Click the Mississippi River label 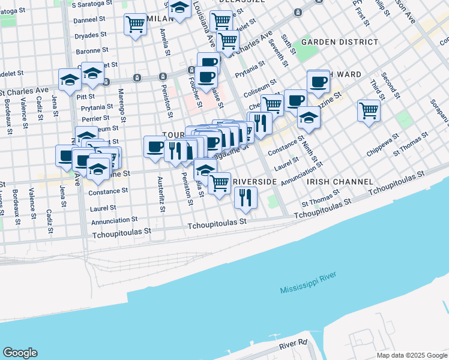(x=307, y=283)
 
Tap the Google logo (x=20, y=353)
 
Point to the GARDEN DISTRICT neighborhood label (x=340, y=42)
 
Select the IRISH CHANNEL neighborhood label (x=340, y=181)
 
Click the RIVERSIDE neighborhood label (x=254, y=181)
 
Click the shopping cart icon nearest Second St (x=369, y=110)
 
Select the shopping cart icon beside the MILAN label (x=135, y=25)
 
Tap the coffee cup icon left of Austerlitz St (x=155, y=146)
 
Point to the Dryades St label (x=91, y=35)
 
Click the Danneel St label (x=89, y=20)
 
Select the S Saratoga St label (x=92, y=4)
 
